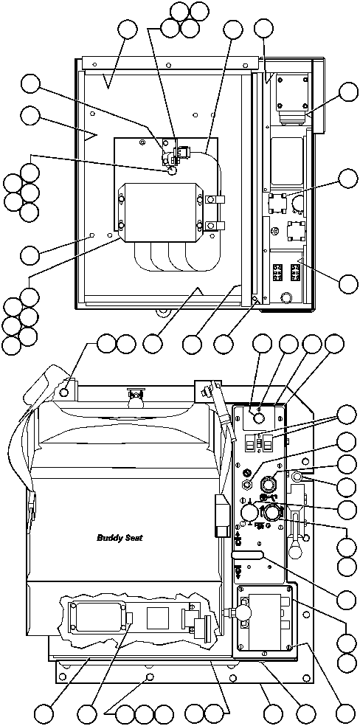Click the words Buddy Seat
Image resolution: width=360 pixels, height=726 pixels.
click(x=120, y=537)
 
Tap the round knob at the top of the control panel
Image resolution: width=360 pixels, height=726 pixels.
click(x=259, y=418)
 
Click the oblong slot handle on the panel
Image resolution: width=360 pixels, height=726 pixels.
click(x=247, y=555)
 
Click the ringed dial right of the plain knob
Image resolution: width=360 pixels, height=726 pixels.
click(x=273, y=513)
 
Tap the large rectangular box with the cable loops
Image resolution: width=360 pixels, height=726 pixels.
click(x=160, y=211)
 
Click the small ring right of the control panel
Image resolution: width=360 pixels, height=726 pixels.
click(x=297, y=477)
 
